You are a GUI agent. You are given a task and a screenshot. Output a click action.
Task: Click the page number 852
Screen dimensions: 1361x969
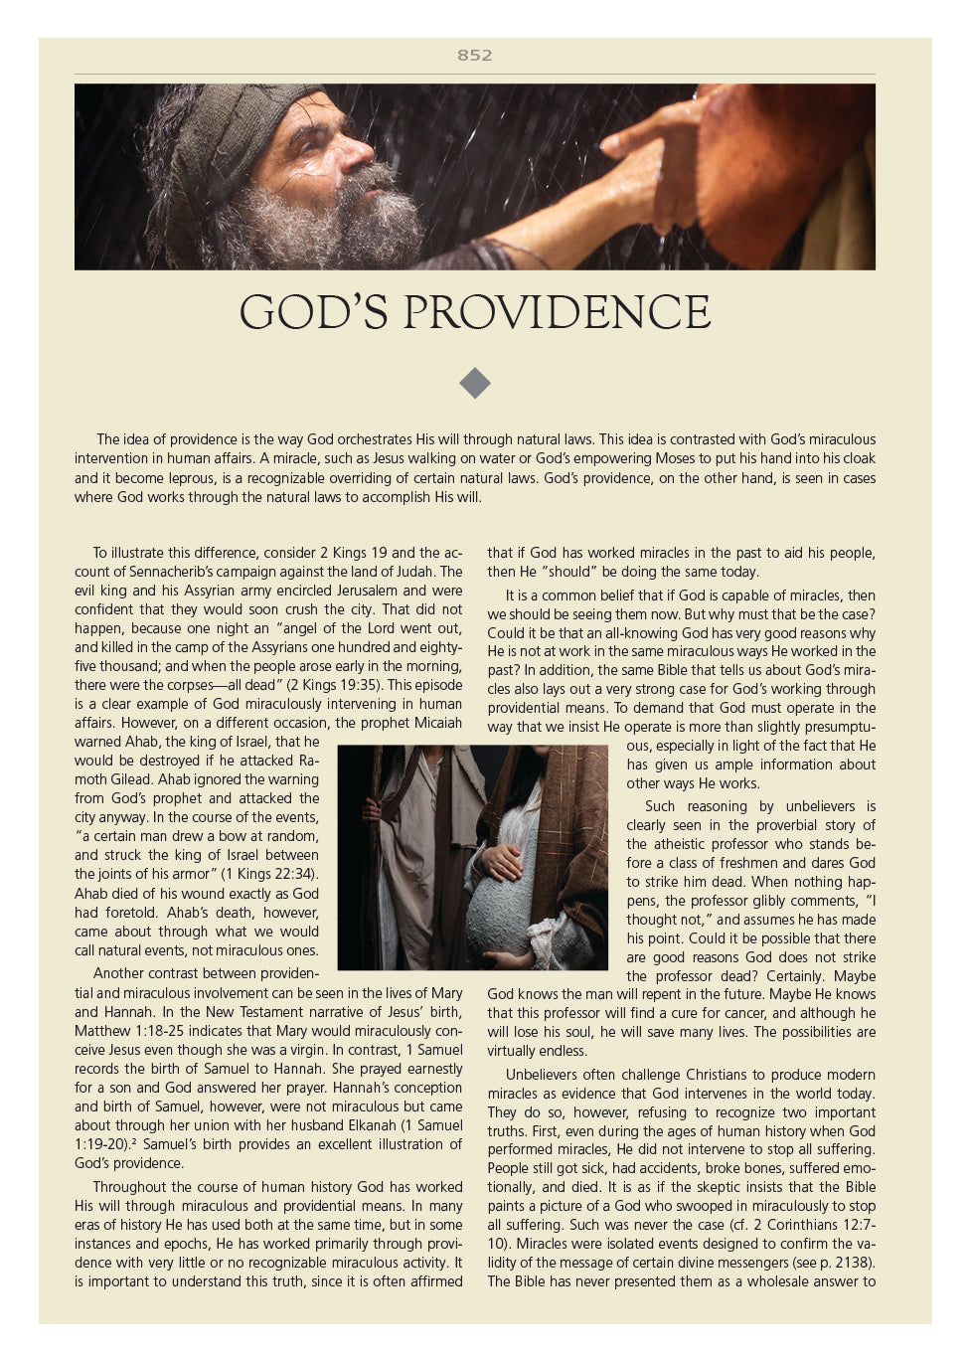pyautogui.click(x=474, y=56)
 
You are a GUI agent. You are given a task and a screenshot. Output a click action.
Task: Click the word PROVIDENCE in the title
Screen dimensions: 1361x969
pyautogui.click(x=557, y=313)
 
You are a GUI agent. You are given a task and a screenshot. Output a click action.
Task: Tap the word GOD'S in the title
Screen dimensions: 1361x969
pyautogui.click(x=313, y=313)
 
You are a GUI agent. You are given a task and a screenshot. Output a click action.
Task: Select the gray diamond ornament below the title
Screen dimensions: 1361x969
pyautogui.click(x=475, y=383)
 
